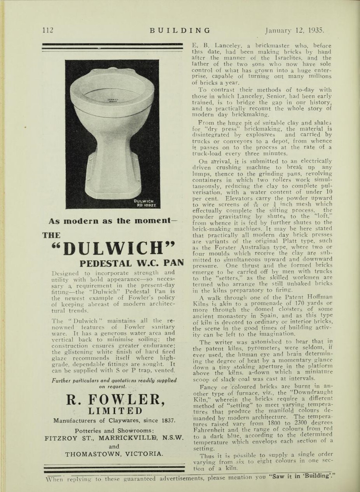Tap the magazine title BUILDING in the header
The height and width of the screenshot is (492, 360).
[180, 30]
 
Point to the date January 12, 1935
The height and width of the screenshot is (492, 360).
[294, 30]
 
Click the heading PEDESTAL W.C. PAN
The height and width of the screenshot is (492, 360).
[131, 263]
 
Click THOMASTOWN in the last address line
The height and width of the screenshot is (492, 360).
[94, 454]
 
